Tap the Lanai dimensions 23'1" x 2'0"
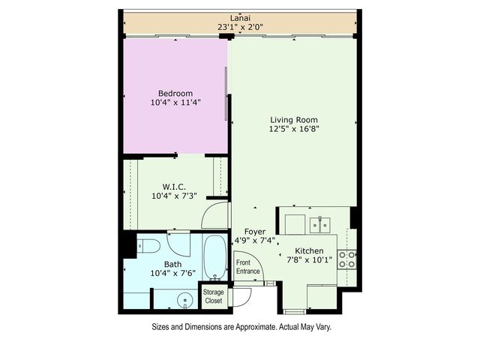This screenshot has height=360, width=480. click(x=240, y=28)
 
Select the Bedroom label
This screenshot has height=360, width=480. click(x=175, y=93)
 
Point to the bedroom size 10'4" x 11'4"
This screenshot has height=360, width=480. click(x=175, y=103)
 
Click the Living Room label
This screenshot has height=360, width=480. click(x=294, y=119)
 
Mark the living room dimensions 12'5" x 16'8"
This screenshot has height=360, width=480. click(x=294, y=128)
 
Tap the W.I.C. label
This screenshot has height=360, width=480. click(x=175, y=187)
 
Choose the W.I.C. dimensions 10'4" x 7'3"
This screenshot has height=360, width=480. click(x=175, y=196)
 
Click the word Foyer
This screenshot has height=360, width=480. click(x=255, y=232)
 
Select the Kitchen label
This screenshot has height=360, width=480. click(x=309, y=250)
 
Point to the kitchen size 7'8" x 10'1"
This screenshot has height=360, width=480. click(x=309, y=260)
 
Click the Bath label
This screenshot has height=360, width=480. click(x=173, y=264)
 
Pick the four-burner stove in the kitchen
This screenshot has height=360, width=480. click(x=347, y=259)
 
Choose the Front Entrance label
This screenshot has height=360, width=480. click(x=248, y=267)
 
